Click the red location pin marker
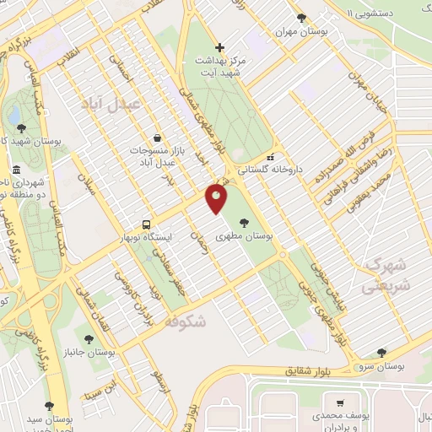coord(217,199)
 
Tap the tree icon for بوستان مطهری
coord(245,223)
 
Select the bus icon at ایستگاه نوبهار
coord(147,225)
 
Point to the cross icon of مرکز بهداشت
coord(219,47)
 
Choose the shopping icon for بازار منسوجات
coord(157,138)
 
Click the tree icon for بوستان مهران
coord(301,18)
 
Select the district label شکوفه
coord(185,321)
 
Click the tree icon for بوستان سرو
coord(381,353)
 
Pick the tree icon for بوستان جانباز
coord(87,338)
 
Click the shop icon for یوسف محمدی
coord(340,403)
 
